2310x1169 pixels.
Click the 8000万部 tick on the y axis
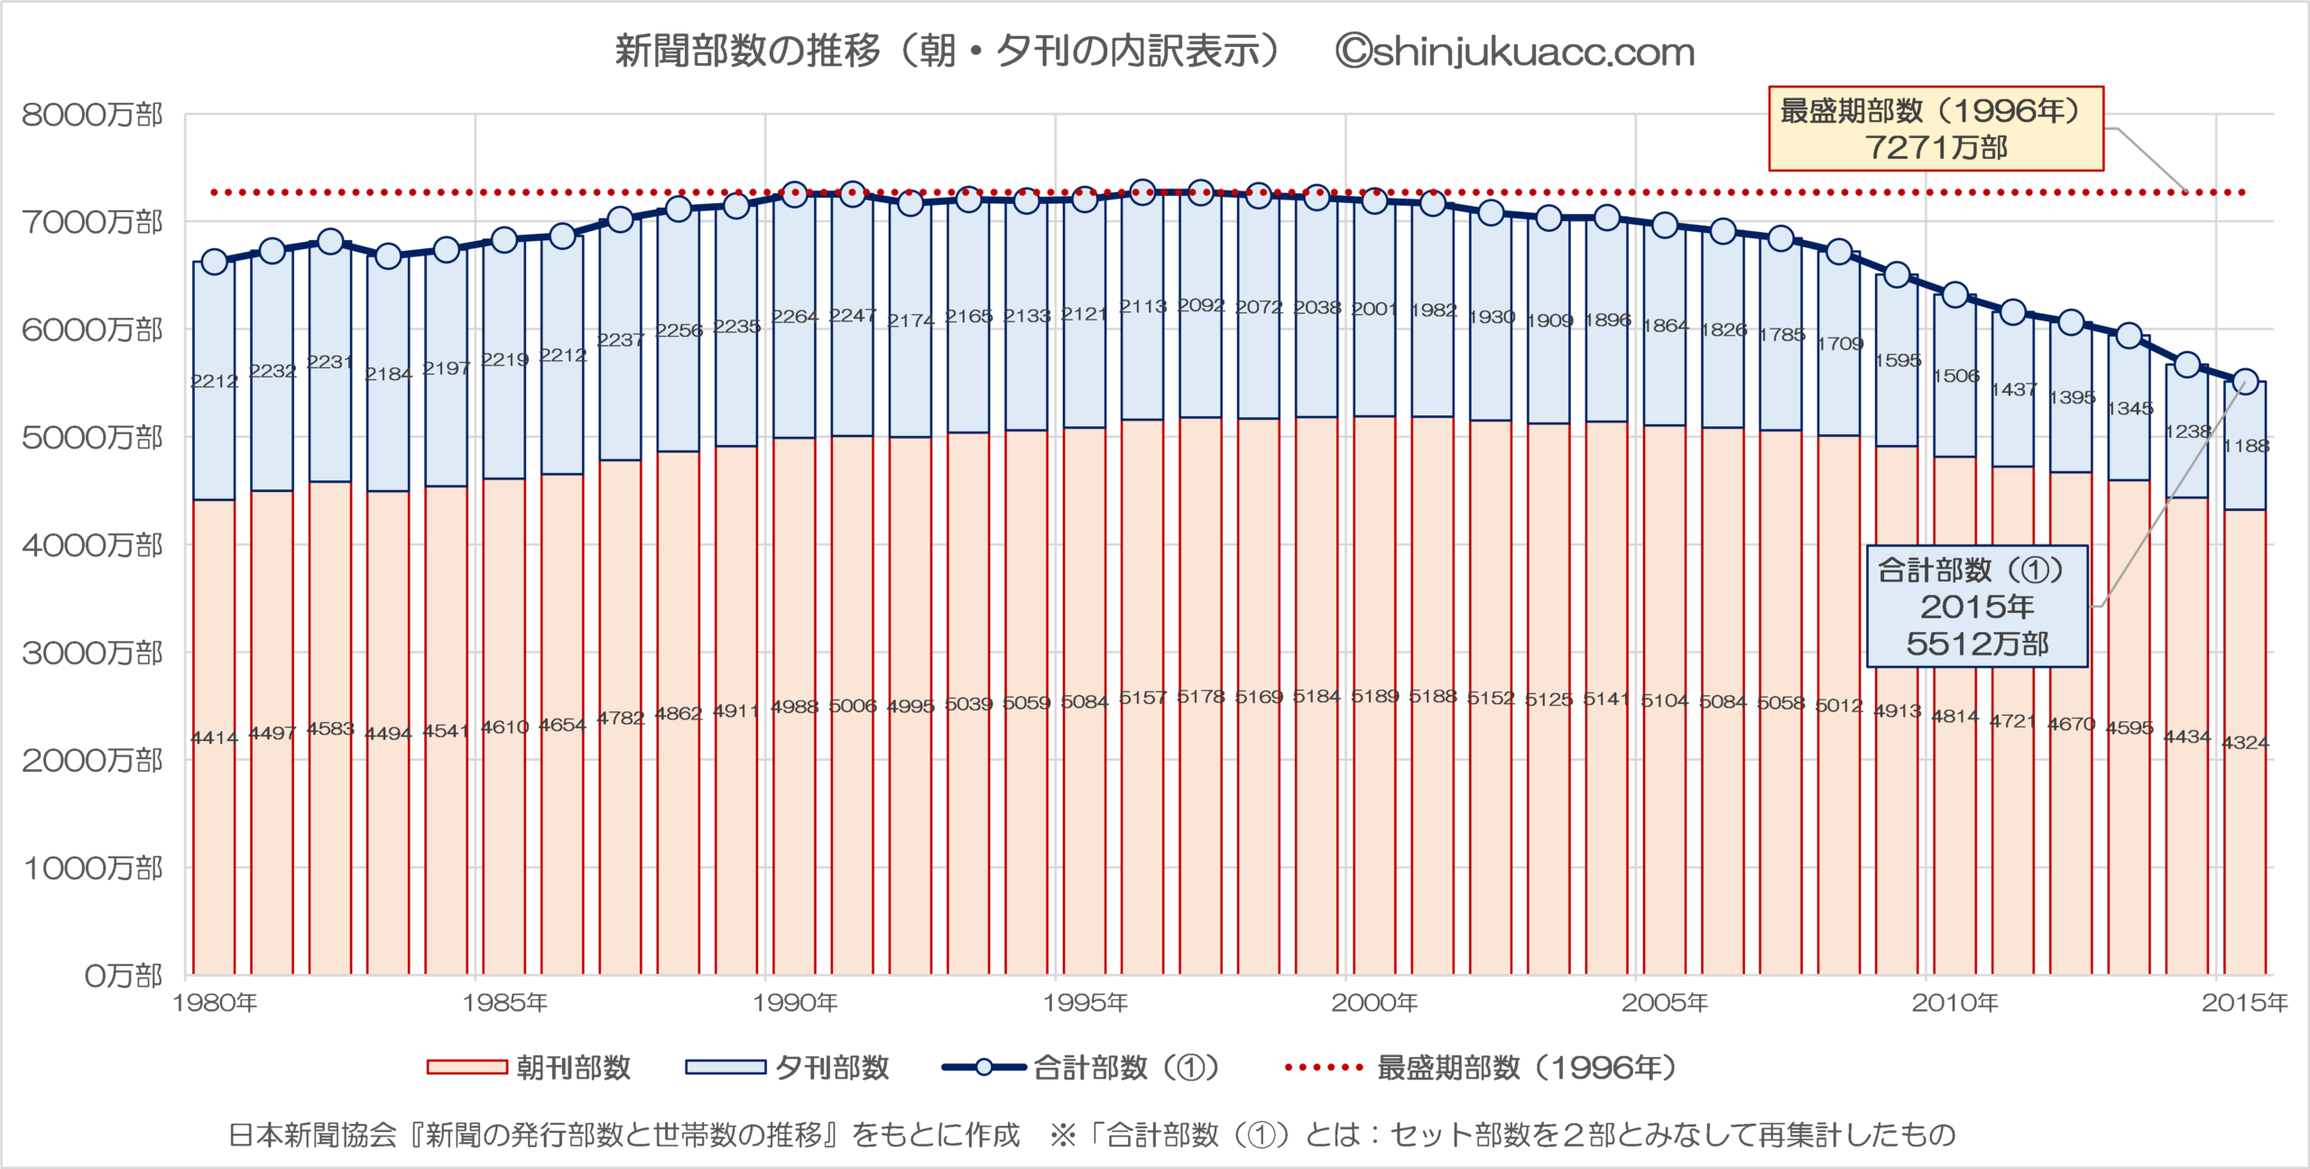[x=92, y=116]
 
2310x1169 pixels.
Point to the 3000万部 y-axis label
[x=92, y=653]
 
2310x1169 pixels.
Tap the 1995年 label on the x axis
[x=1086, y=1003]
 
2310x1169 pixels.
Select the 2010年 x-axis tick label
[x=1955, y=1003]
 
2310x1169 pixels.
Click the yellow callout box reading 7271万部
[x=1936, y=129]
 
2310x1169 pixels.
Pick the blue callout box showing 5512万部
[x=1977, y=607]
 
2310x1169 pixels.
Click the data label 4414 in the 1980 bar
[x=214, y=738]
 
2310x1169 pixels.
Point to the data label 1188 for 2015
[x=2245, y=446]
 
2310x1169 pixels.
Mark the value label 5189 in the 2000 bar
[x=1374, y=696]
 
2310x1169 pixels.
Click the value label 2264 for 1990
[x=794, y=317]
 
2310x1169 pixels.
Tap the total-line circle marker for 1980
[x=214, y=262]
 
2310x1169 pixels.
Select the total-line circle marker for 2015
[x=2245, y=382]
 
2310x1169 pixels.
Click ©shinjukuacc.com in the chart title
[x=1515, y=52]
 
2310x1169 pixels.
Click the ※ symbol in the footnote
[x=1063, y=1135]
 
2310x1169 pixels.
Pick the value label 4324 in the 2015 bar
[x=2245, y=743]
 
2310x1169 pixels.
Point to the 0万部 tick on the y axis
[x=123, y=976]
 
